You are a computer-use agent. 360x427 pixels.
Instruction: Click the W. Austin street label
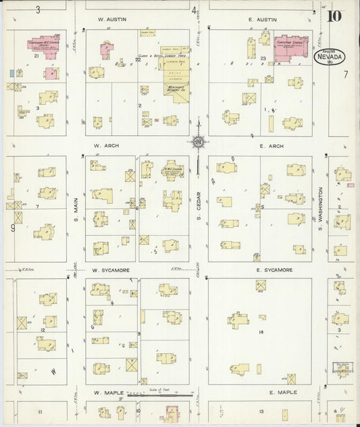[108, 20]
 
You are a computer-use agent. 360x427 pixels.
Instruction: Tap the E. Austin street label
[263, 20]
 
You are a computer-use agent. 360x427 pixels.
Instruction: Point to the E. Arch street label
[270, 145]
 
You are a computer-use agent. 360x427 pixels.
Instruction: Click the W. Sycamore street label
[111, 270]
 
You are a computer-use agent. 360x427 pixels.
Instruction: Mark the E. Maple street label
[282, 393]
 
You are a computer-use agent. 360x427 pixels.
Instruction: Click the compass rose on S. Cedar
[199, 142]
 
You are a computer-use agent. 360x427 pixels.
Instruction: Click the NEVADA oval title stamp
[330, 57]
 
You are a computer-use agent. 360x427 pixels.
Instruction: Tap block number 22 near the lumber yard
[138, 59]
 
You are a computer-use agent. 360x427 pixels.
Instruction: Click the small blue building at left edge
[11, 72]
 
